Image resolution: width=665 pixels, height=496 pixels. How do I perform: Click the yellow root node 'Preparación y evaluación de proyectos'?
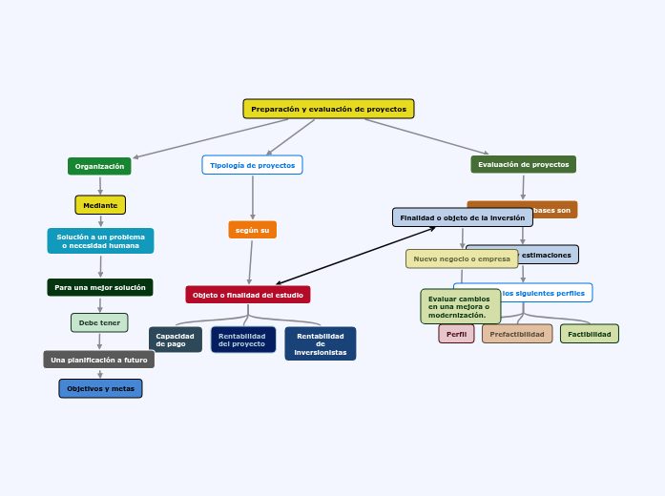click(x=328, y=109)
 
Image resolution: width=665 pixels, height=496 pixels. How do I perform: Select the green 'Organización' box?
click(x=99, y=166)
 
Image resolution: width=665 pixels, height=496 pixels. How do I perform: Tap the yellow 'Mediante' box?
click(x=100, y=205)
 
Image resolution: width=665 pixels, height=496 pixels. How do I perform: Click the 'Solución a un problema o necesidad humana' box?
click(x=100, y=240)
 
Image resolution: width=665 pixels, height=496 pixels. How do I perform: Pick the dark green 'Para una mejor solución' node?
click(x=100, y=287)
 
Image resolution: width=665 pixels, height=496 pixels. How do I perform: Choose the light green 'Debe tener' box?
click(x=99, y=322)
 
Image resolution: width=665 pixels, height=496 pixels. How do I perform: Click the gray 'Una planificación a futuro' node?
click(x=99, y=360)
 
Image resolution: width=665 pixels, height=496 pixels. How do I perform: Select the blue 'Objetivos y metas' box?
click(x=100, y=388)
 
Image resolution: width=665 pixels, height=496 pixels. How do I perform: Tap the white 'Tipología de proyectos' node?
click(x=252, y=165)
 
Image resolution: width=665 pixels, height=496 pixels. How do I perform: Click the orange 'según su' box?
click(x=253, y=230)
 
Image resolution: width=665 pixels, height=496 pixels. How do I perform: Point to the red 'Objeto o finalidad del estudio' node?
click(x=248, y=295)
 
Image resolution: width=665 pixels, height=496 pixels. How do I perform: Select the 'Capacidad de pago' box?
click(x=176, y=340)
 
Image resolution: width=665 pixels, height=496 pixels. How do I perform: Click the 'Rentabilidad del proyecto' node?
click(x=243, y=340)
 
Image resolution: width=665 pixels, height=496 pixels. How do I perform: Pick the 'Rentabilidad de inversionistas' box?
click(x=321, y=343)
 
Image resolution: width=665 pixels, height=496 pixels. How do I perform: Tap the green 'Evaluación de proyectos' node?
click(x=523, y=164)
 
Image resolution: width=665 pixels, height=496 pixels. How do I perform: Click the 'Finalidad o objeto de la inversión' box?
click(x=463, y=217)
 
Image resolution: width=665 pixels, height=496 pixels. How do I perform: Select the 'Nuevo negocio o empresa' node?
click(x=462, y=258)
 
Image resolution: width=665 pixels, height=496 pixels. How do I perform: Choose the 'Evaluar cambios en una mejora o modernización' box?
click(x=461, y=306)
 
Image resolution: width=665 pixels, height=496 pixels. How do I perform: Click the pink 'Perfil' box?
click(x=456, y=334)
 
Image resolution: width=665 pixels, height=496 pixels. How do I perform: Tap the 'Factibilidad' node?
click(x=589, y=334)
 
